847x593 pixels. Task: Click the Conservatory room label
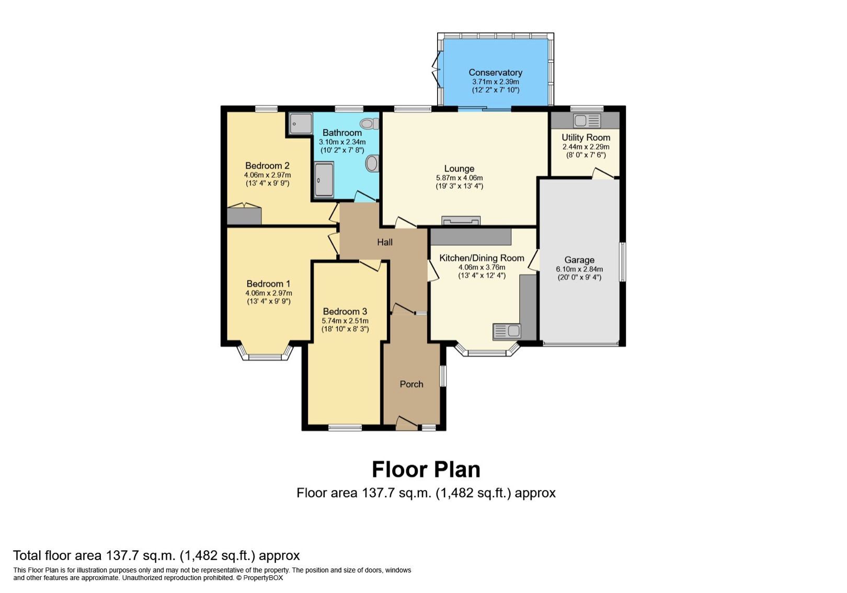pyautogui.click(x=495, y=73)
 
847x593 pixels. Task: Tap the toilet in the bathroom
pyautogui.click(x=370, y=124)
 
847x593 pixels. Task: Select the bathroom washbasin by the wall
pyautogui.click(x=371, y=164)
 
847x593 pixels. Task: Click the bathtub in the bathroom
pyautogui.click(x=324, y=180)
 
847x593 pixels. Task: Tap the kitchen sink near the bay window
pyautogui.click(x=507, y=331)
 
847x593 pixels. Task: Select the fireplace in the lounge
pyautogui.click(x=461, y=220)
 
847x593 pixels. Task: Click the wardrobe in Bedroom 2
pyautogui.click(x=244, y=214)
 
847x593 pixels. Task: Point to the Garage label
pyautogui.click(x=579, y=260)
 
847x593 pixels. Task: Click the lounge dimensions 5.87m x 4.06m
pyautogui.click(x=459, y=178)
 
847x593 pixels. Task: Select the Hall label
pyautogui.click(x=385, y=242)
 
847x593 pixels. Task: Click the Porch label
pyautogui.click(x=411, y=384)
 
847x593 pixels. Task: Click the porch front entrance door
pyautogui.click(x=406, y=424)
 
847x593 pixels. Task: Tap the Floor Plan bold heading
pyautogui.click(x=426, y=470)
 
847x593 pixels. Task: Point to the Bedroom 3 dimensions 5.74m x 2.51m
pyautogui.click(x=345, y=321)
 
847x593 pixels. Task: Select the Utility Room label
pyautogui.click(x=586, y=138)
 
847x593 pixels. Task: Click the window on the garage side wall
pyautogui.click(x=622, y=261)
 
